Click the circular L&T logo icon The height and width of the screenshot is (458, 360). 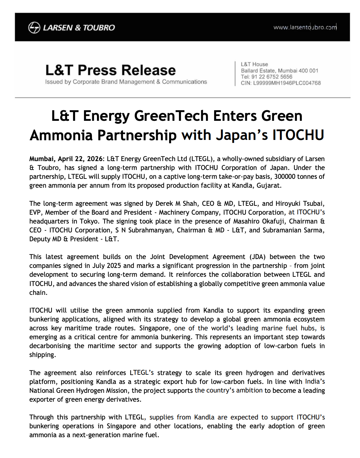pos(34,27)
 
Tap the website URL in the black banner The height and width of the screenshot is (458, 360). pos(305,27)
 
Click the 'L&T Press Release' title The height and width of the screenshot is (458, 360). pos(110,70)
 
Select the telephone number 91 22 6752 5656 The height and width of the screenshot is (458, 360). pos(272,77)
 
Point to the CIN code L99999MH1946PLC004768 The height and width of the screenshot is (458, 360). pos(287,83)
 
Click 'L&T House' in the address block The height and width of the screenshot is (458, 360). pos(254,64)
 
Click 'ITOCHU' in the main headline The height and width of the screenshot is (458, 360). pos(298,135)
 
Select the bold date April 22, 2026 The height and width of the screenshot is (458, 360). pos(80,159)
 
